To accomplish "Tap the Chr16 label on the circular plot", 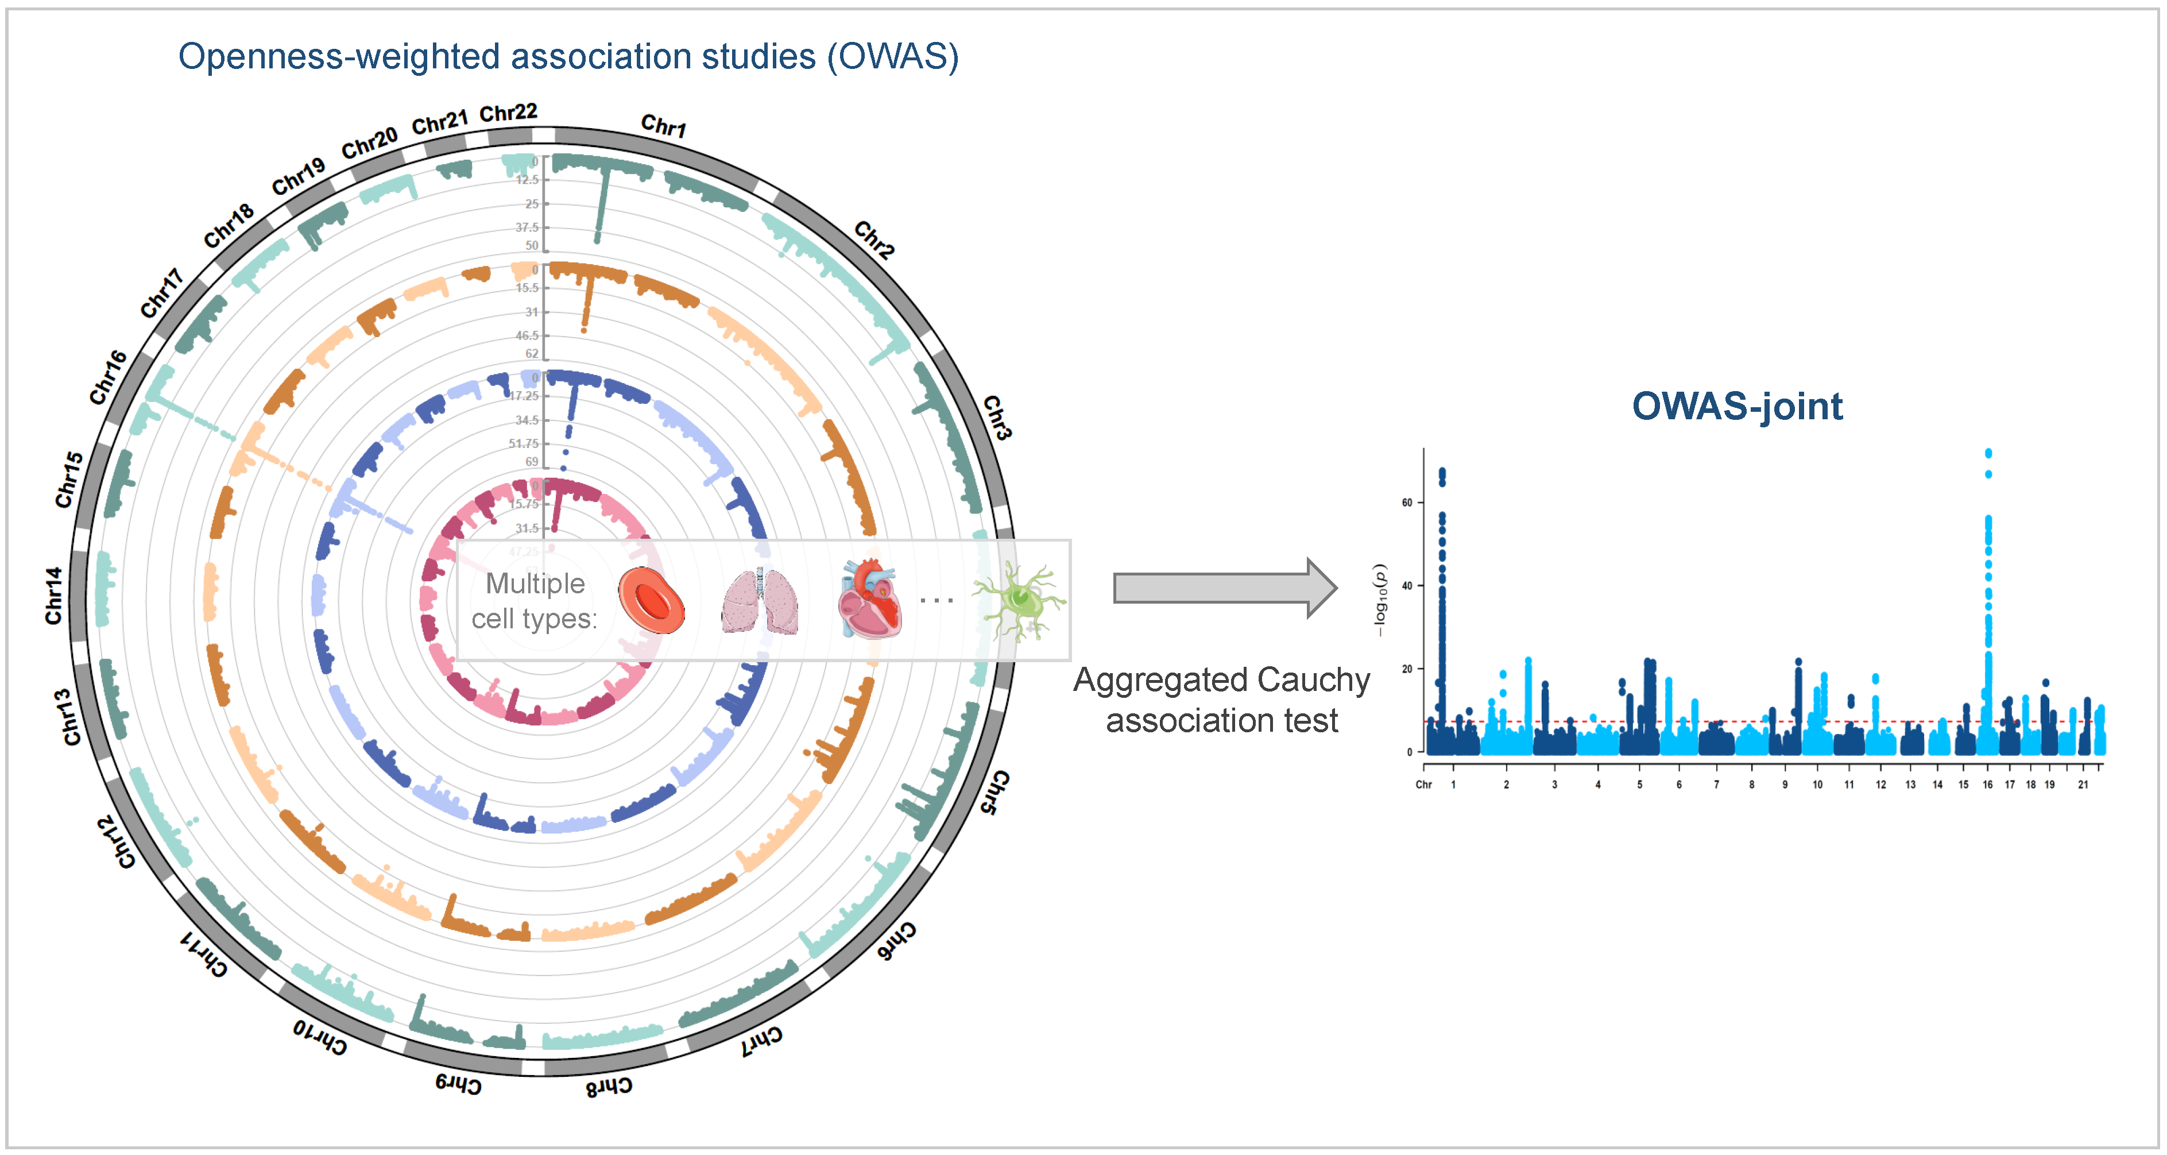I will tap(109, 377).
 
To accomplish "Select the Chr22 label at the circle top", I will tap(508, 113).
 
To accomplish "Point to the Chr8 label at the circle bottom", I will tap(609, 1086).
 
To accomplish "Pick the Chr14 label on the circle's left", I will tap(54, 596).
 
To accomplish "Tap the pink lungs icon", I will tap(760, 601).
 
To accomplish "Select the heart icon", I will tap(870, 599).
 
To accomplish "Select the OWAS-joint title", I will tap(1736, 406).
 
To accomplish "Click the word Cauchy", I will tap(1317, 679).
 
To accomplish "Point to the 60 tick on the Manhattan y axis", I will tap(1407, 502).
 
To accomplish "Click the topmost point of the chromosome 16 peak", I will tap(1988, 453).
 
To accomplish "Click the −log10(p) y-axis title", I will tap(1380, 600).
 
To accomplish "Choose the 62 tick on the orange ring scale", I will tap(532, 353).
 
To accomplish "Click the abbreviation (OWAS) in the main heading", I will tap(892, 56).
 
